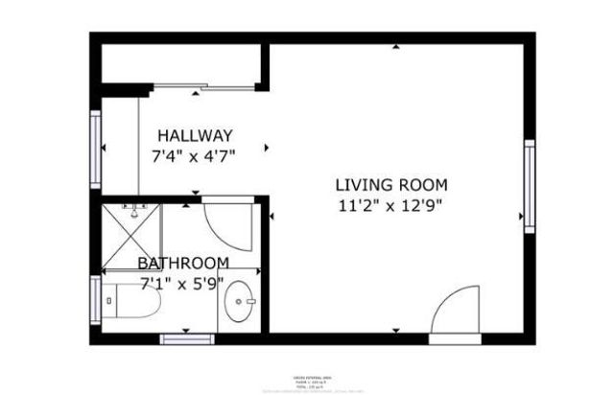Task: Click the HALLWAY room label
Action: coord(195,135)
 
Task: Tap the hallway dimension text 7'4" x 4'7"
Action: coord(195,153)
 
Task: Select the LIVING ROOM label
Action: coord(390,185)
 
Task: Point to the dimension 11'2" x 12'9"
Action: coord(390,204)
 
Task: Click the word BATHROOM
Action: coord(182,263)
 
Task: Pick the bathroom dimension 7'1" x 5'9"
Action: coord(182,282)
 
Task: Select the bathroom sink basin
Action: coord(239,306)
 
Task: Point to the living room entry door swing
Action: coord(454,314)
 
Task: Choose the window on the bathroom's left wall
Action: coord(95,302)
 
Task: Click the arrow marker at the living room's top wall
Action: coord(395,47)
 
